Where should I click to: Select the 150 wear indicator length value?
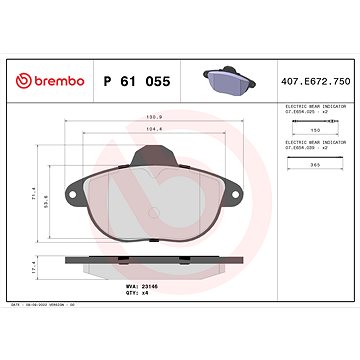(x=316, y=130)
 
